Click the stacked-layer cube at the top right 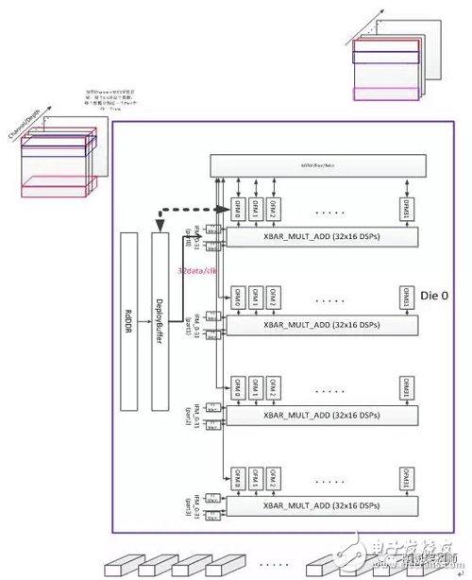384,69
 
